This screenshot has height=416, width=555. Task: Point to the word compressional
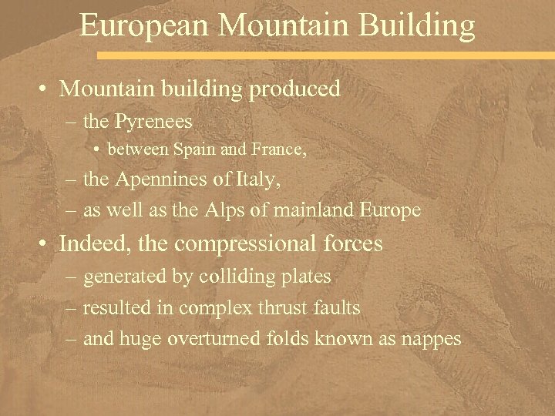(240, 244)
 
